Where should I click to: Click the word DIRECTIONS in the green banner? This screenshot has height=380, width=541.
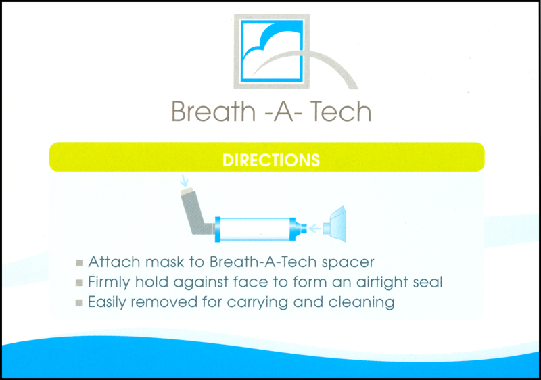[x=271, y=160]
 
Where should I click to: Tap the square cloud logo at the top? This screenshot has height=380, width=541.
[x=272, y=51]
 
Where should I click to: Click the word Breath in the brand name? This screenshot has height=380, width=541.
[x=213, y=111]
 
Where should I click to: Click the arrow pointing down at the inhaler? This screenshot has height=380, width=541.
[x=185, y=181]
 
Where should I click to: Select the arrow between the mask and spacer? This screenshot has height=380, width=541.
[x=314, y=229]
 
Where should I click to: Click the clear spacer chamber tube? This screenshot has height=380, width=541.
[x=255, y=229]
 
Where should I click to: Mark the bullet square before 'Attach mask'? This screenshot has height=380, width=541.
[x=79, y=263]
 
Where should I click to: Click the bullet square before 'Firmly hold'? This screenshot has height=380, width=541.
[x=79, y=283]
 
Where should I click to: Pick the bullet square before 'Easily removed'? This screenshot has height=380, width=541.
[x=79, y=303]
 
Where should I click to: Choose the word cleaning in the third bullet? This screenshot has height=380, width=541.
[x=361, y=303]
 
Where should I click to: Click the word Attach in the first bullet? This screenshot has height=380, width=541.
[x=114, y=262]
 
